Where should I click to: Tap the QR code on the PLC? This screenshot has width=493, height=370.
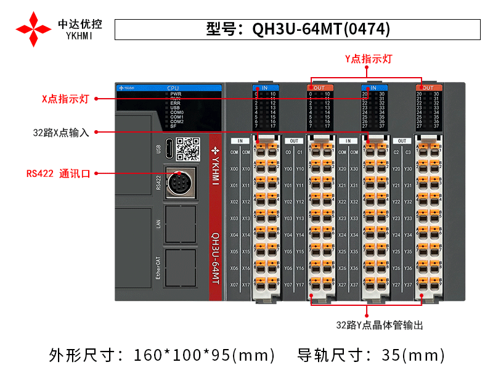point(188,149)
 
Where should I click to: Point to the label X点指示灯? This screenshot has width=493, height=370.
point(66,99)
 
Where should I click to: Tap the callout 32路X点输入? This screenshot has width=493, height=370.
point(61,132)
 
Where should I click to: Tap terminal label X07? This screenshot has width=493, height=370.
point(234,285)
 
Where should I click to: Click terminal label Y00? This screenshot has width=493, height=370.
point(288,168)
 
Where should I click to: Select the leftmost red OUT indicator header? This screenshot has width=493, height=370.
point(319,88)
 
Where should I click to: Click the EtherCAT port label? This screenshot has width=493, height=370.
point(159,268)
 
